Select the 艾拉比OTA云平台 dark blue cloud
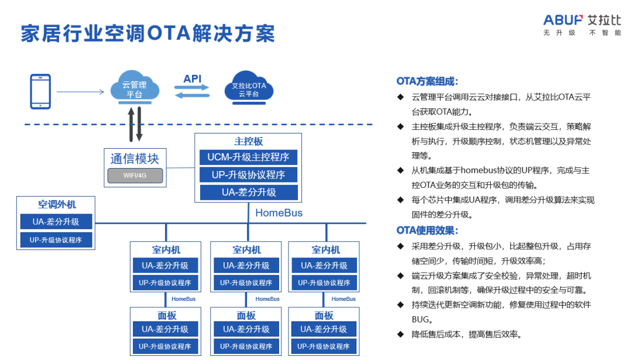(x=249, y=90)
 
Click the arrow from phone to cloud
(x=80, y=92)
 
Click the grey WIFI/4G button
(x=135, y=176)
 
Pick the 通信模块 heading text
(x=135, y=158)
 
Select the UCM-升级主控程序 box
(x=249, y=157)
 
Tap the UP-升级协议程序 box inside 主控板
(x=249, y=175)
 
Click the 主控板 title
(x=249, y=142)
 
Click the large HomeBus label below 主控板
(x=279, y=213)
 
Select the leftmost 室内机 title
(x=165, y=249)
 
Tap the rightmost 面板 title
(x=324, y=316)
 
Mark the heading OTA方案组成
(x=427, y=81)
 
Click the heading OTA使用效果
(x=427, y=230)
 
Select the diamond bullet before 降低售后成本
(x=400, y=334)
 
